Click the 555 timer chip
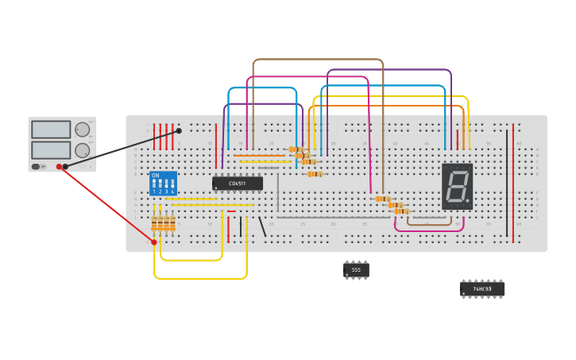click(356, 270)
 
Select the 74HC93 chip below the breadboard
click(482, 289)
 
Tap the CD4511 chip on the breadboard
click(238, 184)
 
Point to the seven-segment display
click(457, 187)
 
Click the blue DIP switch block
click(163, 184)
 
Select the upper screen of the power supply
click(51, 130)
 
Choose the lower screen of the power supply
click(51, 149)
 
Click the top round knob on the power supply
click(83, 130)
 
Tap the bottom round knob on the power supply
click(83, 149)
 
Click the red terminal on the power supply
click(59, 166)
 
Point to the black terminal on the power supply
click(66, 166)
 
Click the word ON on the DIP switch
click(155, 176)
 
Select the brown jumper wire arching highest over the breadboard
click(318, 60)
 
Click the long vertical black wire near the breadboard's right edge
click(507, 183)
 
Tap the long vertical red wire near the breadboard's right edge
click(513, 183)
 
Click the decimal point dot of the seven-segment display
click(468, 203)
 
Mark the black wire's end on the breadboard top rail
click(179, 130)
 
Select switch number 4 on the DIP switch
click(172, 186)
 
